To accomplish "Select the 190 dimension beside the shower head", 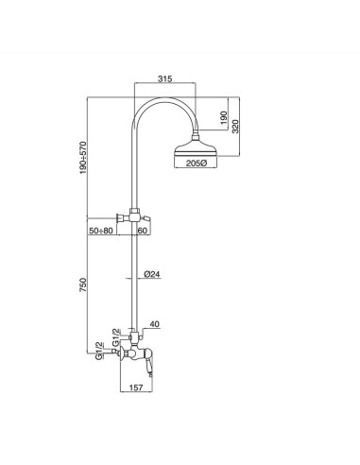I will tap(223, 120).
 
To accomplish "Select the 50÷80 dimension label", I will tap(102, 230).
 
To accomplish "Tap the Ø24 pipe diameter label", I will tap(149, 274).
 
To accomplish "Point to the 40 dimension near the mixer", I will tap(154, 325).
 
